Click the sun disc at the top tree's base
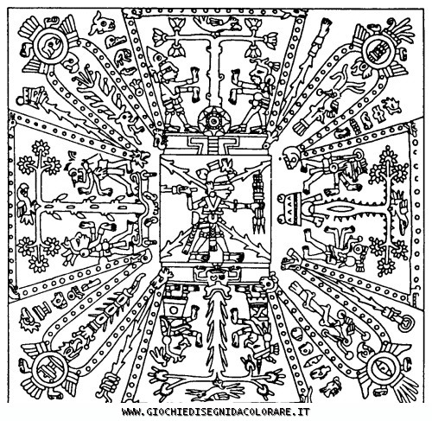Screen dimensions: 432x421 214,121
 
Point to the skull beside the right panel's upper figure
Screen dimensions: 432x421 291,158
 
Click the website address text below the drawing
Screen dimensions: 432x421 216,411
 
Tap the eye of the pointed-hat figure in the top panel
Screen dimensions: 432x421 159,58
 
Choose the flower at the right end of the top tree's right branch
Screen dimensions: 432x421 270,37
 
